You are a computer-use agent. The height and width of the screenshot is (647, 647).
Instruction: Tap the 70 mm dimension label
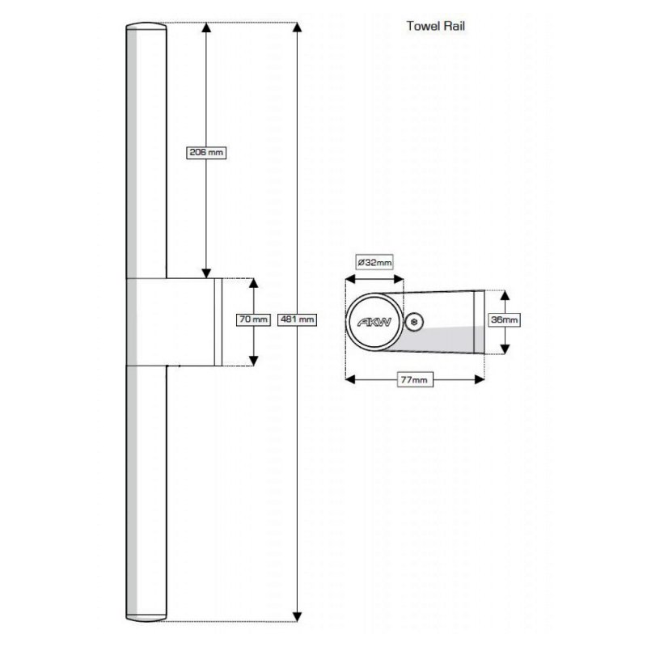point(253,319)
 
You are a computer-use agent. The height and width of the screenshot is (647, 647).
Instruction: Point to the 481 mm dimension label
point(296,319)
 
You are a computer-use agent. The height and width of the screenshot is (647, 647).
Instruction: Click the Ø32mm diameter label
point(374,262)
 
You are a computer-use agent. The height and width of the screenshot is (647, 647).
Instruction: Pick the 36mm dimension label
point(505,320)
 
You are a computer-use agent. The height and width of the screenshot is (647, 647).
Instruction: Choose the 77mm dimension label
point(415,378)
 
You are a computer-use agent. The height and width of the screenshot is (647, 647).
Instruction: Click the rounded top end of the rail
point(146,29)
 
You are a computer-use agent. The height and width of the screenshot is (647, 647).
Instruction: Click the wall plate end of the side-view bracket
point(478,321)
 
